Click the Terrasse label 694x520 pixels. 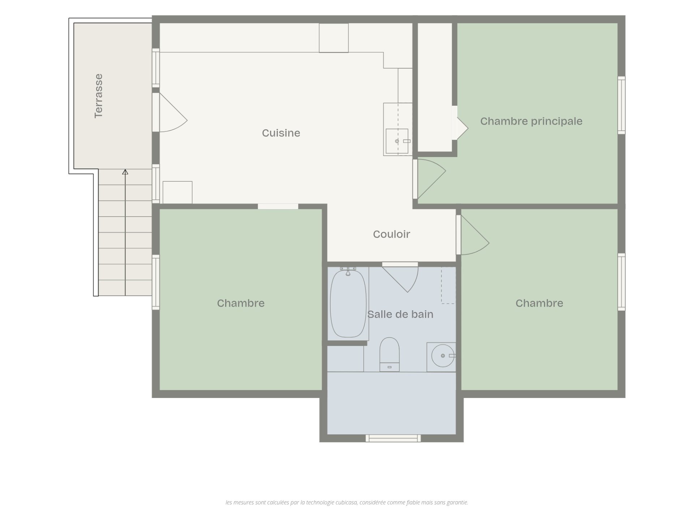click(x=98, y=96)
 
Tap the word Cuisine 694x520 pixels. click(x=281, y=133)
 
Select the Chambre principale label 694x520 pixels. click(x=531, y=121)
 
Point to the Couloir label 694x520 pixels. click(x=391, y=234)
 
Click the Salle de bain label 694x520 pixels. click(x=400, y=314)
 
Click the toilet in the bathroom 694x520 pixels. click(x=389, y=354)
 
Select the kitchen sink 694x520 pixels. click(x=397, y=141)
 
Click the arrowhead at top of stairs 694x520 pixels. click(x=125, y=172)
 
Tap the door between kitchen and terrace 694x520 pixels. click(x=169, y=112)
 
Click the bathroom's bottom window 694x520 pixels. click(x=393, y=438)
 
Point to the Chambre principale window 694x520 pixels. click(x=621, y=105)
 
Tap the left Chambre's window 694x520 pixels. click(x=156, y=282)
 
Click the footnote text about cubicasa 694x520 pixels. click(x=347, y=502)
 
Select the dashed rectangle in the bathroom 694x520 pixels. click(x=448, y=285)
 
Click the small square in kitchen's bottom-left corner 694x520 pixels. click(x=177, y=192)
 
